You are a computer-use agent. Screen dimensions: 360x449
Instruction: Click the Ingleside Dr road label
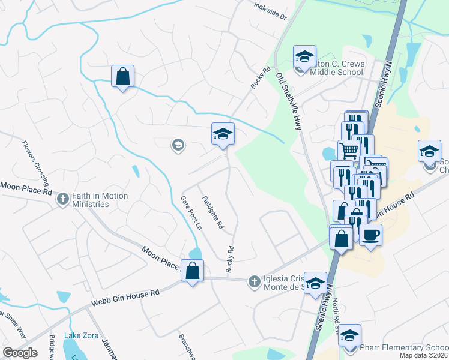[271, 11]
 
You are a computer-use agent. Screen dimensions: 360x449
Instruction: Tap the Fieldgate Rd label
[212, 214]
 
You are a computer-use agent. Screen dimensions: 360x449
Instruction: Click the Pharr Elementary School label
[403, 347]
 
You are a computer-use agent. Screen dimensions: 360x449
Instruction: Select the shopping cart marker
[348, 150]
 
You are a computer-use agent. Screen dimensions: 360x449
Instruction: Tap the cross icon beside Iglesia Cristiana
[254, 281]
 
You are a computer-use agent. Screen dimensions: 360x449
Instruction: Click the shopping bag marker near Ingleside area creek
[122, 76]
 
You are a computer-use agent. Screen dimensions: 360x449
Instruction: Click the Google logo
[20, 353]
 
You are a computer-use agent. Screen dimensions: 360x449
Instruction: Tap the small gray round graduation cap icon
[178, 145]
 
